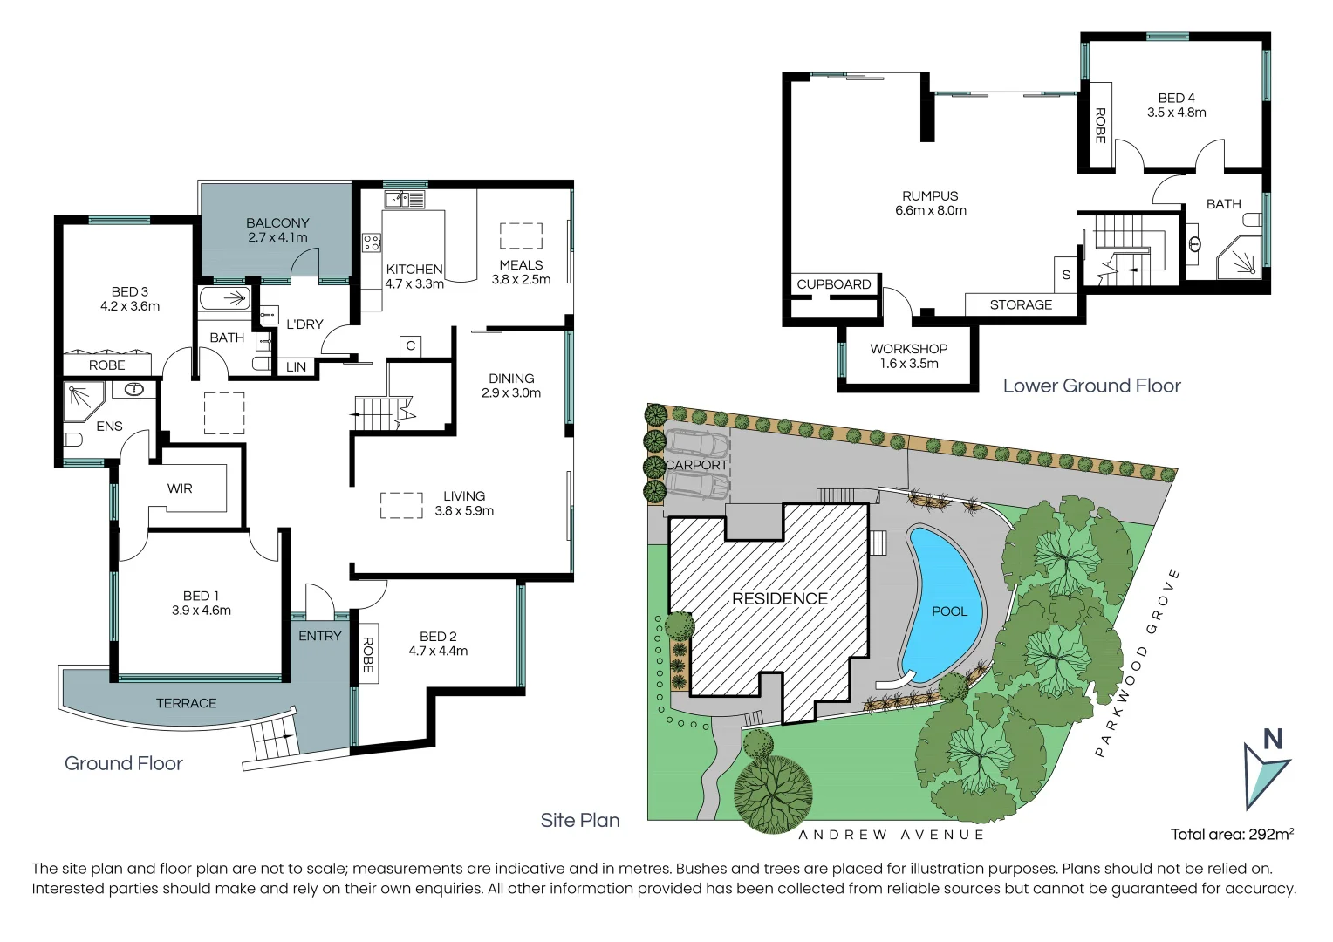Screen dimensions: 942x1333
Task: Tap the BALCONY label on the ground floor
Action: click(277, 223)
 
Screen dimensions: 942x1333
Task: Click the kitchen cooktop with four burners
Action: click(372, 242)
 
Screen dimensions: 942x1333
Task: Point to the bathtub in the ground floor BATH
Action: click(225, 298)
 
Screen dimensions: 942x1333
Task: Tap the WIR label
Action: click(180, 488)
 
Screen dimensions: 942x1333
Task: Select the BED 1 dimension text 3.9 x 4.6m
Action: click(202, 611)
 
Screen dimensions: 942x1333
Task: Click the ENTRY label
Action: click(320, 636)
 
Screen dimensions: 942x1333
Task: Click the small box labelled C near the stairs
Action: click(410, 346)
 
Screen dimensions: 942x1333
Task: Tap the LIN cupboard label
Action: click(297, 367)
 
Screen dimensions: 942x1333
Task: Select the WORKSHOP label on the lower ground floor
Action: click(908, 348)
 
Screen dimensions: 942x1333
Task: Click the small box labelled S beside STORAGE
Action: click(1066, 275)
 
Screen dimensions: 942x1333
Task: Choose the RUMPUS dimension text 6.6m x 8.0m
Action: click(930, 210)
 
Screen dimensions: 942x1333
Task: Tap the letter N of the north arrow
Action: click(1273, 740)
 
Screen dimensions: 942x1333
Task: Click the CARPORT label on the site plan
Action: click(696, 465)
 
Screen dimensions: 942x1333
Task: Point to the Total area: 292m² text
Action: click(1232, 835)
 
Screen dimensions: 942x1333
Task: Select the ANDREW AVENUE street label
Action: click(891, 835)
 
